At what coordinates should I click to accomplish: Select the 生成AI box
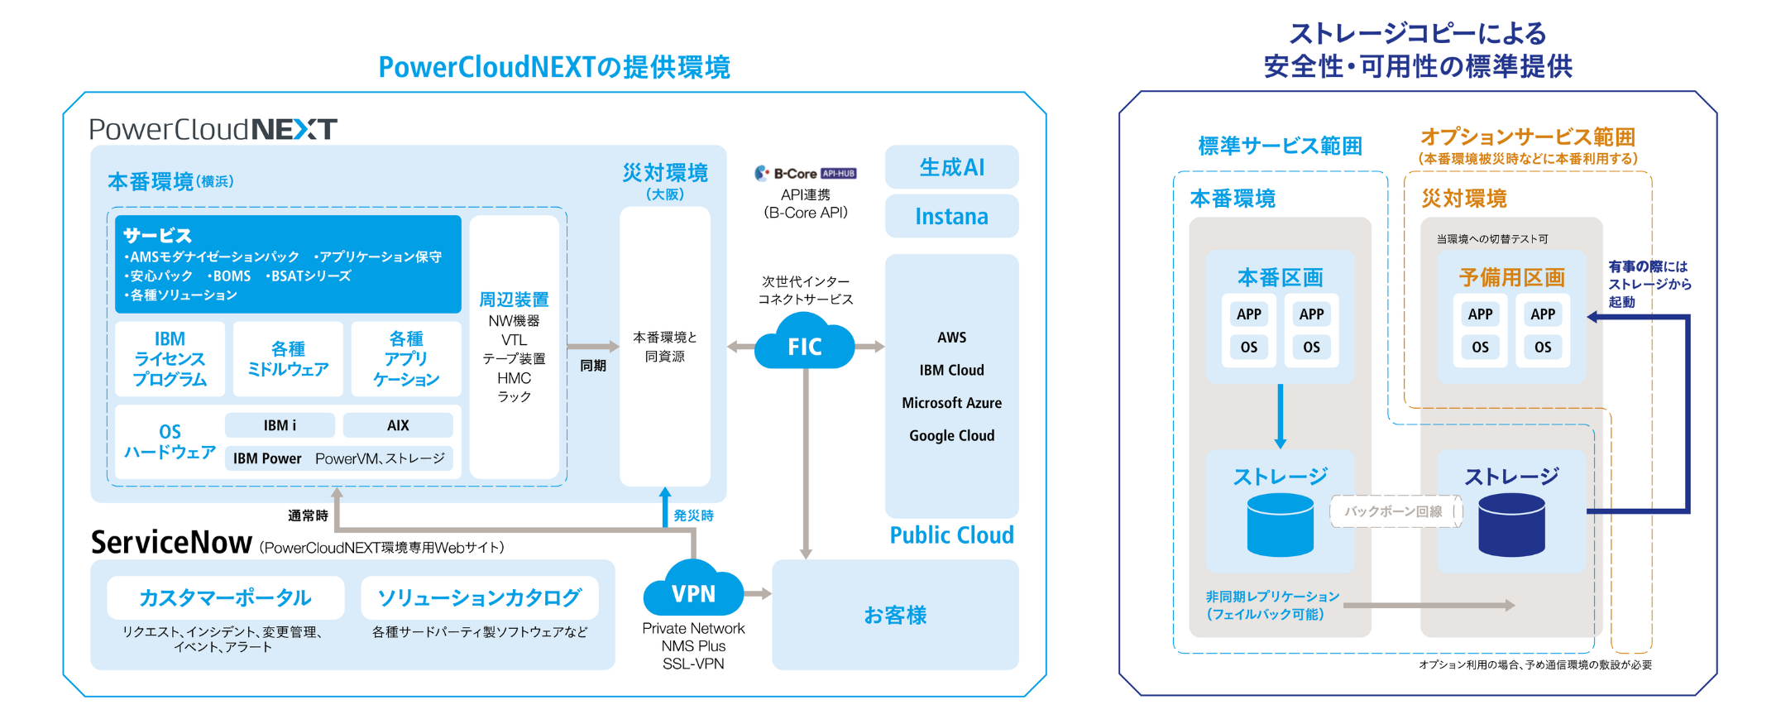(951, 167)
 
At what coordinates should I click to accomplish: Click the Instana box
(951, 217)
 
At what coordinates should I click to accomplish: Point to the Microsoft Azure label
(951, 403)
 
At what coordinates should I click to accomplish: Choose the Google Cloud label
(951, 436)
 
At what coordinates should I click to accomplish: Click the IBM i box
(280, 425)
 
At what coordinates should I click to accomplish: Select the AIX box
(398, 425)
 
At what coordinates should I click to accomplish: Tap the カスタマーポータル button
(225, 597)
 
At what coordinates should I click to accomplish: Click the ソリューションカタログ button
(480, 597)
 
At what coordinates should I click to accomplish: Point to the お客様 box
(895, 615)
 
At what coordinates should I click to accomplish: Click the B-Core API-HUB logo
(805, 174)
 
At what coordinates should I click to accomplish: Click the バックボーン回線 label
(1393, 511)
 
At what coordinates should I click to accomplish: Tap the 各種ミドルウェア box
(288, 359)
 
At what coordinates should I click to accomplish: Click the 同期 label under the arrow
(593, 366)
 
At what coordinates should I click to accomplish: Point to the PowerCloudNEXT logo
(213, 129)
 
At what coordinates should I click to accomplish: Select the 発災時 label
(693, 515)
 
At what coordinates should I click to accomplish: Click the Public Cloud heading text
(951, 535)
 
